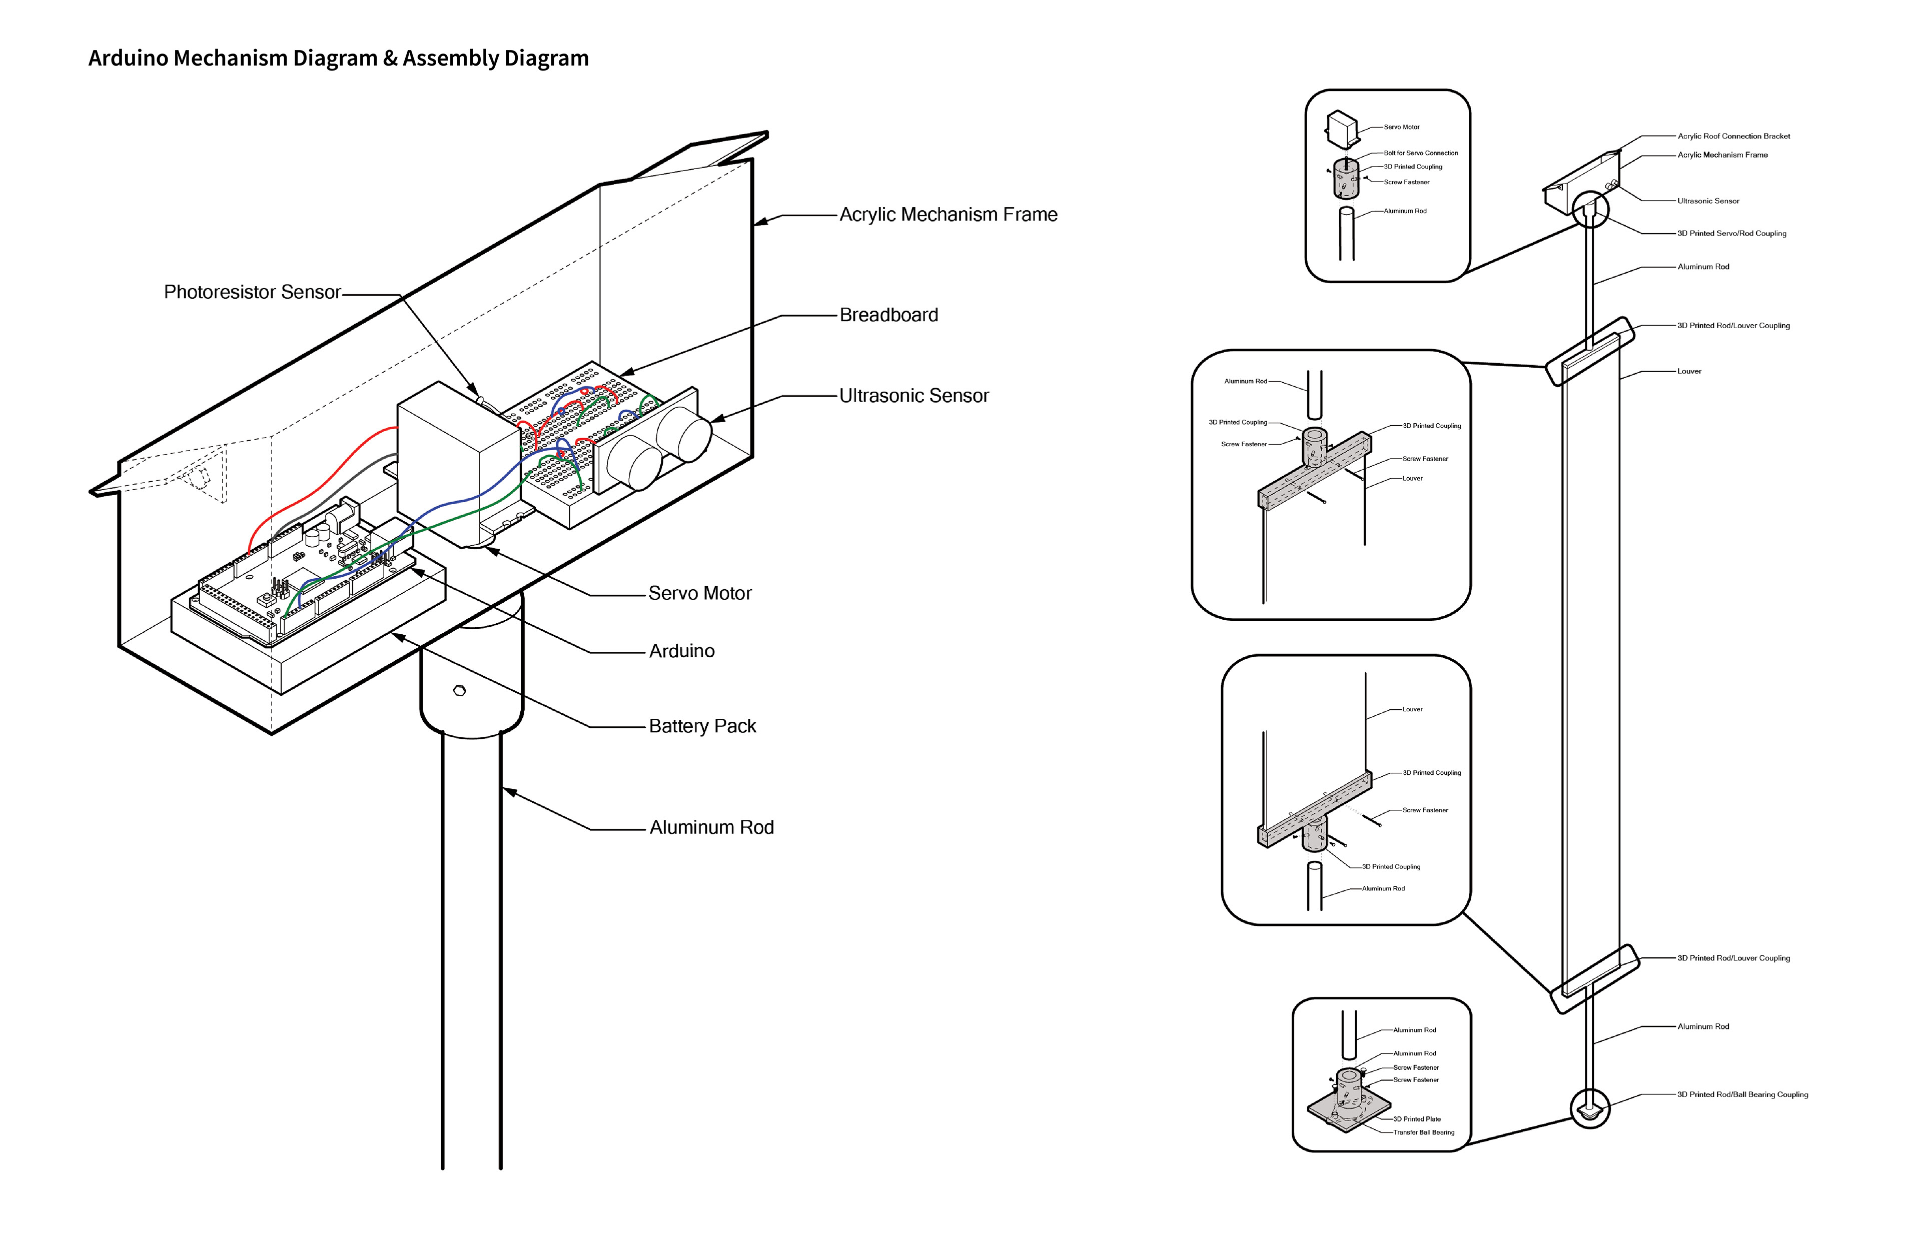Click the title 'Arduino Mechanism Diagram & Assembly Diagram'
338,58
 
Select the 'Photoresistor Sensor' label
252,292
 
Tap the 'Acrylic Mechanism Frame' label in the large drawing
948,215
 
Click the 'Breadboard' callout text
888,315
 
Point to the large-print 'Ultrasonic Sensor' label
913,396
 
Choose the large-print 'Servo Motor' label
700,593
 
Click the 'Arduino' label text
682,651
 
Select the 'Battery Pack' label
702,726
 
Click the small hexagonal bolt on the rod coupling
459,690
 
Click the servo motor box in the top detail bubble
1342,129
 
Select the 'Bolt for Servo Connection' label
1421,153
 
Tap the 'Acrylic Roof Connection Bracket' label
1734,136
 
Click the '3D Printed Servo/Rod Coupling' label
1731,233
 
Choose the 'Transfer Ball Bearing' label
1424,1132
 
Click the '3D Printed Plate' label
1417,1118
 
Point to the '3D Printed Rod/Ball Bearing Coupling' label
1742,1094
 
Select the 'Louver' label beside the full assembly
1689,371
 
